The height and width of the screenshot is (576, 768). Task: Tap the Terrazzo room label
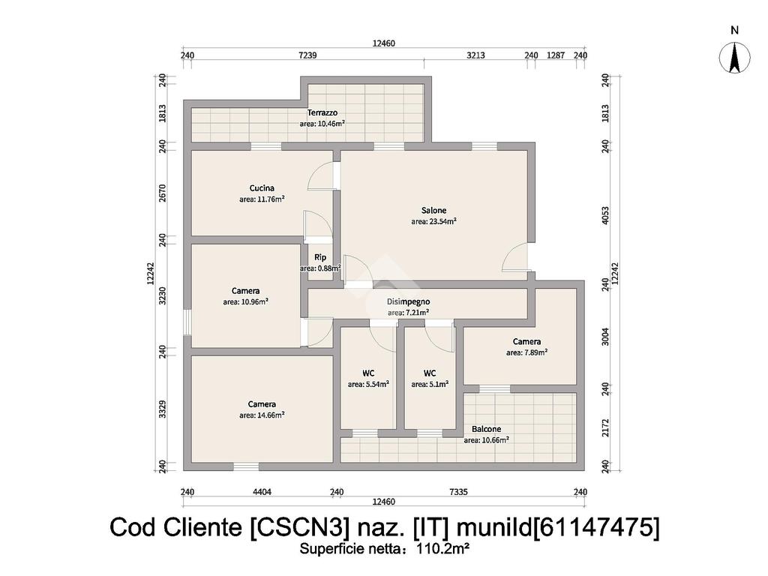point(322,112)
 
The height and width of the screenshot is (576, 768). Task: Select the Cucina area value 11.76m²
point(262,199)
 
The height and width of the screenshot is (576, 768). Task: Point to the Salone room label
point(433,211)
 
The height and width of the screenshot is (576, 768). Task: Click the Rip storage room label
point(320,257)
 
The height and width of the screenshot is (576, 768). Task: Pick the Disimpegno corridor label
point(408,301)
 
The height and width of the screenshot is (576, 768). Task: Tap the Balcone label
point(486,430)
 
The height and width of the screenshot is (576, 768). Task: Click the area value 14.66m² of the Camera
point(262,415)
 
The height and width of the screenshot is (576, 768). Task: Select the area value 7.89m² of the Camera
point(526,352)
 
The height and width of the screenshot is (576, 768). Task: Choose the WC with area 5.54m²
point(368,373)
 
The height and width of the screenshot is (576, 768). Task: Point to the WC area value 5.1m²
point(430,384)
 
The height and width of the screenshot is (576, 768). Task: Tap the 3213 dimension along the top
point(476,55)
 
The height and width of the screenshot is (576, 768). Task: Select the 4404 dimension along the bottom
point(262,492)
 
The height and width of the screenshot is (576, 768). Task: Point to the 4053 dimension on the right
point(605,214)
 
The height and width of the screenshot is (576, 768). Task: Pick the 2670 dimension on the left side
point(162,193)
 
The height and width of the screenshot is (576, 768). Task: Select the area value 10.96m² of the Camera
point(245,302)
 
